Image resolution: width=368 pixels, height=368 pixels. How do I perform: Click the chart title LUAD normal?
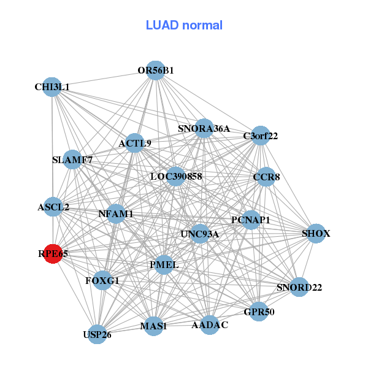[184, 25]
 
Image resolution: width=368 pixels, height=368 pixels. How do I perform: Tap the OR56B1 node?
[156, 71]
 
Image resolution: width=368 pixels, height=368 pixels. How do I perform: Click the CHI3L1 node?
[52, 87]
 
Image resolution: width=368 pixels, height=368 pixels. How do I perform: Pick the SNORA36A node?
[204, 129]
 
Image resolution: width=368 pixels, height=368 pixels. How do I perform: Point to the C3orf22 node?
[261, 136]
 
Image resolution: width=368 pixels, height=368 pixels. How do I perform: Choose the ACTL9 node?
[135, 144]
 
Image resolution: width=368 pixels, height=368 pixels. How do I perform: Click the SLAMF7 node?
[72, 160]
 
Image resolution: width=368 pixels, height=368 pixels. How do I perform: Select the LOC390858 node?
[176, 177]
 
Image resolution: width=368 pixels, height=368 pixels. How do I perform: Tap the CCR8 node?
[266, 177]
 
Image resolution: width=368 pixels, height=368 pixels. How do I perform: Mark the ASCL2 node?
[53, 207]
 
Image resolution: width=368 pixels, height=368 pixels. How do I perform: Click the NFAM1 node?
[116, 214]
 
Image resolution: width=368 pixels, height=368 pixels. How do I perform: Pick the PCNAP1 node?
[251, 220]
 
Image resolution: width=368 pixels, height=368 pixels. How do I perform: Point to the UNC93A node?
[200, 234]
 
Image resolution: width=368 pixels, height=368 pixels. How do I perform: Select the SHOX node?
[316, 234]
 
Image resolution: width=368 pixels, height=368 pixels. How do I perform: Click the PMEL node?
[164, 265]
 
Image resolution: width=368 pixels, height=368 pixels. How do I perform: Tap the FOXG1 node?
[102, 281]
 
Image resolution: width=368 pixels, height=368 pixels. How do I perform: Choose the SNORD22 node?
[299, 287]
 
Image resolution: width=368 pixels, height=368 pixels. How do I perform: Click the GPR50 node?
[259, 312]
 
